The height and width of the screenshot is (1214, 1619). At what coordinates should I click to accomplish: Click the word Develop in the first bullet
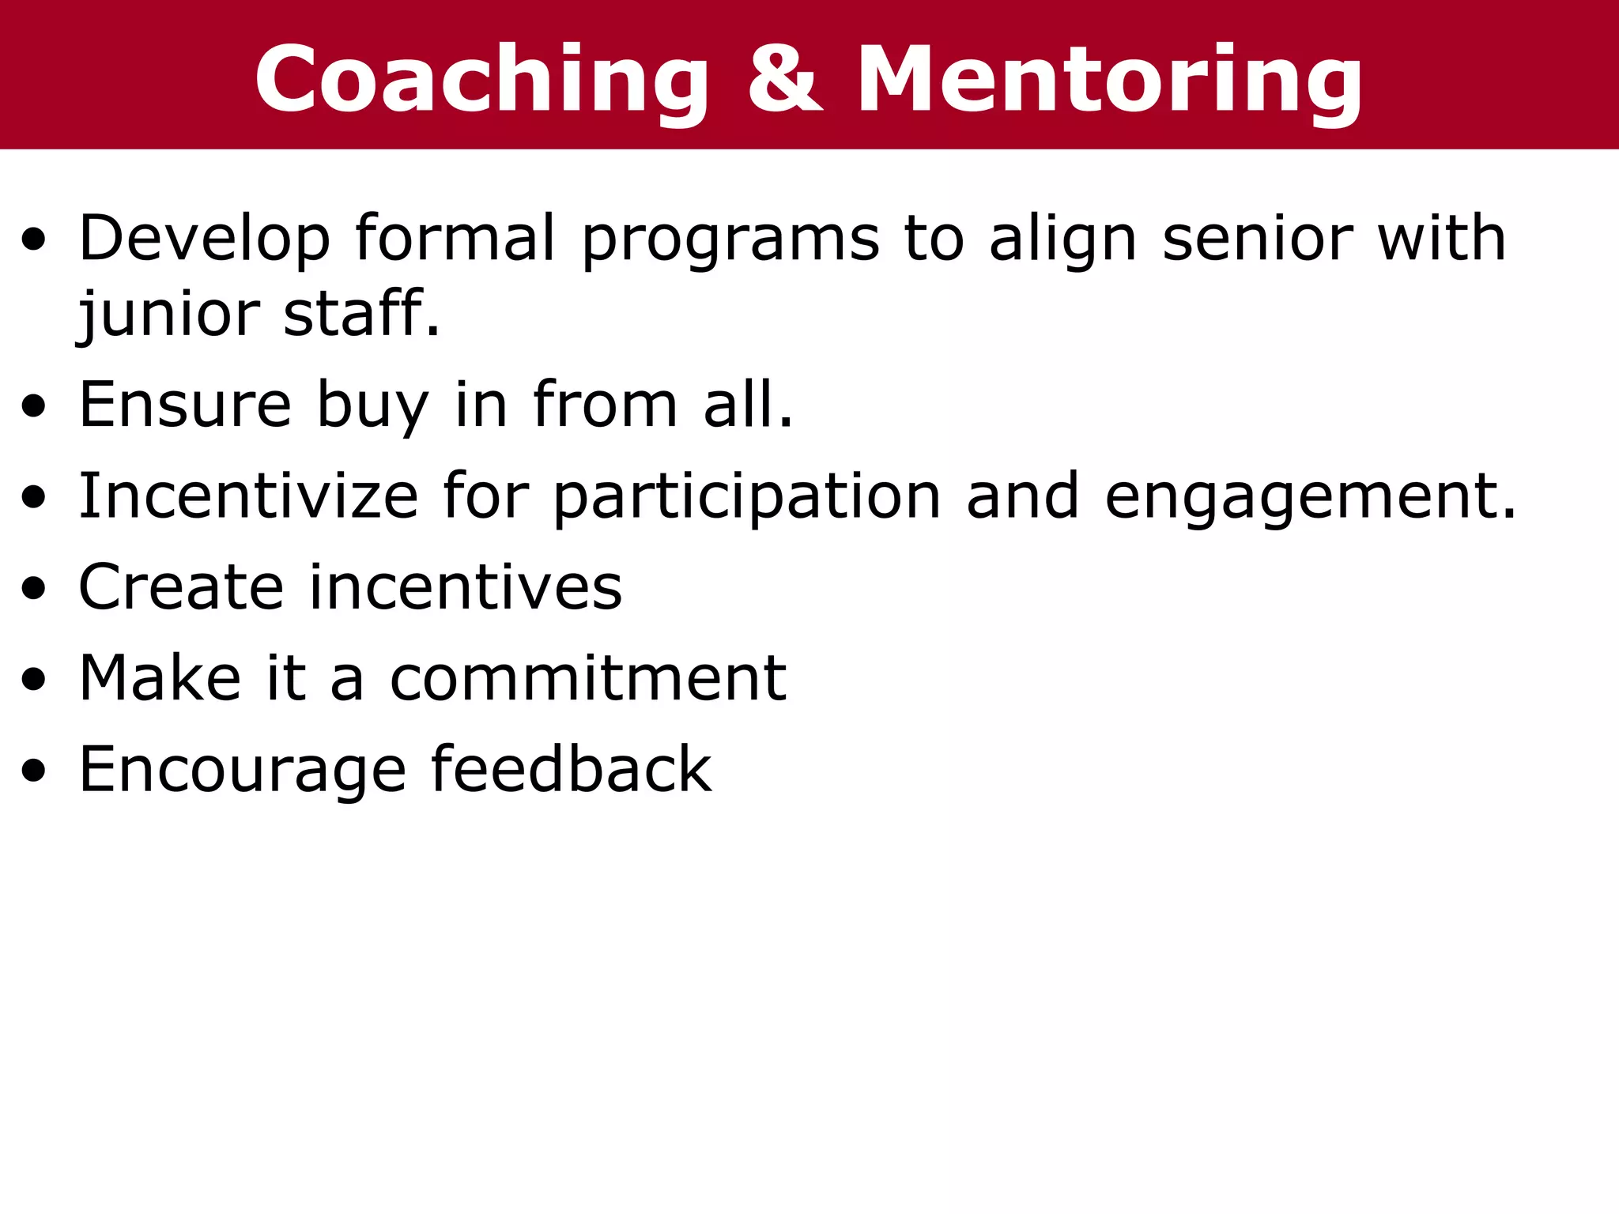(x=204, y=238)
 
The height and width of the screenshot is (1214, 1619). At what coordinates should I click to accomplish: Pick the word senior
(x=1258, y=238)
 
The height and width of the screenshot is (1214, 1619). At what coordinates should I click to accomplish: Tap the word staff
(x=360, y=313)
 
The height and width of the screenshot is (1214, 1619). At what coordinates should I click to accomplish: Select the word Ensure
(x=186, y=405)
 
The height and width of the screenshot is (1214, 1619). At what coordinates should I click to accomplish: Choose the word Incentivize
(x=248, y=496)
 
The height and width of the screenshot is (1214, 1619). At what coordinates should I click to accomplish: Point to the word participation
(x=746, y=497)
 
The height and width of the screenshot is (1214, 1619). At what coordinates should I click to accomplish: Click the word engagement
(x=1310, y=497)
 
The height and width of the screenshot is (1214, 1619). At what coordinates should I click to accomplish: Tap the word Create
(x=181, y=587)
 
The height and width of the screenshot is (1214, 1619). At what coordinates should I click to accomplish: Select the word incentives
(x=466, y=587)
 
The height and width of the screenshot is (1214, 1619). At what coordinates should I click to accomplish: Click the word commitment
(x=588, y=678)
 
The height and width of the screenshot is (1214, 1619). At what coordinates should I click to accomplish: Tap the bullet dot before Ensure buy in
(x=34, y=406)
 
